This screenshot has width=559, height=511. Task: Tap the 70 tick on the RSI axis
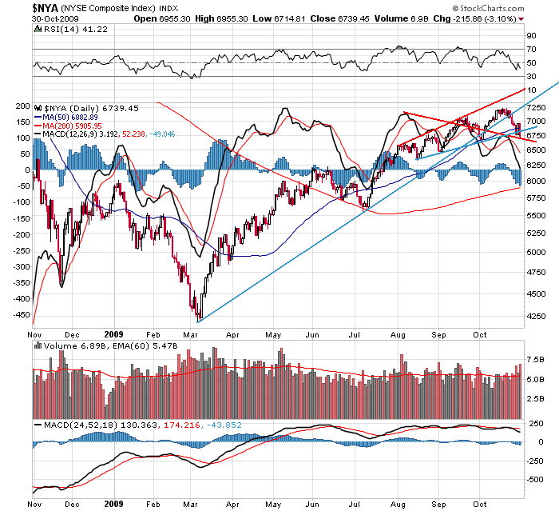pyautogui.click(x=530, y=50)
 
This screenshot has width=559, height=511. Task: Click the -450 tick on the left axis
pyautogui.click(x=22, y=314)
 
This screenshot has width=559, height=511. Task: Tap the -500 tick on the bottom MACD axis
pyautogui.click(x=535, y=480)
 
